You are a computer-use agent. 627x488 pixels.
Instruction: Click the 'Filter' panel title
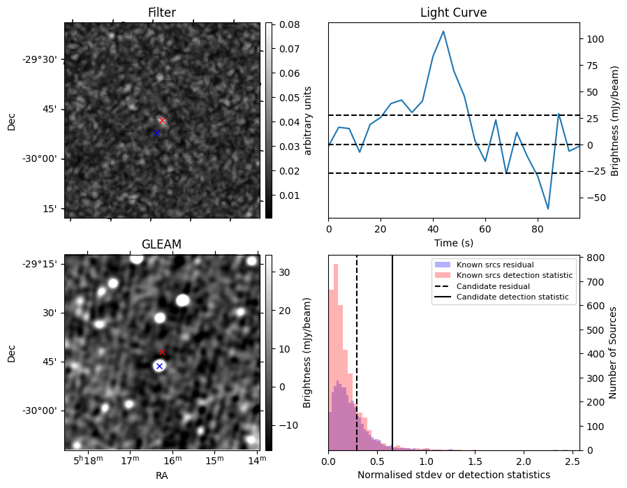tap(162, 13)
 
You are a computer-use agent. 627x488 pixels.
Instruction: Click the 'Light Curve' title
tap(453, 13)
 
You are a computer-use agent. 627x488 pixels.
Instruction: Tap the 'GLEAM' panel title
tap(161, 244)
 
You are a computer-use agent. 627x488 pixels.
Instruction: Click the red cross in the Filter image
tap(163, 120)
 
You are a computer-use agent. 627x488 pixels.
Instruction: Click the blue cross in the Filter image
tap(156, 133)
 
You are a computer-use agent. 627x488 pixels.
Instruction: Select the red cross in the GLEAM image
tap(163, 352)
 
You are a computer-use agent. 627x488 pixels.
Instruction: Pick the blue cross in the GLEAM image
tap(159, 366)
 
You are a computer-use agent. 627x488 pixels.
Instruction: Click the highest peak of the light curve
tap(443, 31)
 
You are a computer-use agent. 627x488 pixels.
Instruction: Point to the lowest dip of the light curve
tap(548, 209)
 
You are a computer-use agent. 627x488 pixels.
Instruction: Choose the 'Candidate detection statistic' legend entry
tap(512, 297)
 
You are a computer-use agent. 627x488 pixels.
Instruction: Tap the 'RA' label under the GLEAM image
tap(162, 475)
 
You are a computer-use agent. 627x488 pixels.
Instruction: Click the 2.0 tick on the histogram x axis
tap(522, 461)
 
